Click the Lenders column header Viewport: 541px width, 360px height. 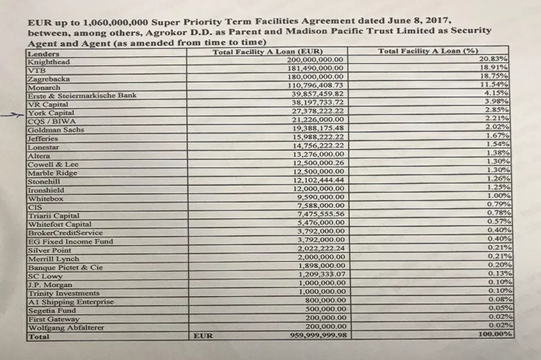pos(43,54)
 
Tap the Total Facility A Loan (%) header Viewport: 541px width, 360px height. pos(428,51)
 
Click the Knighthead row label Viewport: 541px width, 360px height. pos(49,62)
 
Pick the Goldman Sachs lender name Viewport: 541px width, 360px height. pos(56,130)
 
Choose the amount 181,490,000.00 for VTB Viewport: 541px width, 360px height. pos(315,68)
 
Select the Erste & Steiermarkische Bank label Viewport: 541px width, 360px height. pos(82,96)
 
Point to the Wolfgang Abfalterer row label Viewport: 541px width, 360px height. pos(66,328)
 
